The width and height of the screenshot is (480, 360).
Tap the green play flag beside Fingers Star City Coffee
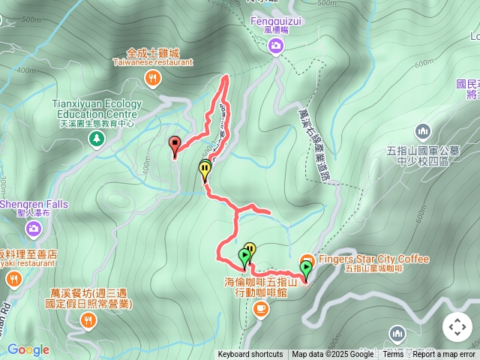point(305,268)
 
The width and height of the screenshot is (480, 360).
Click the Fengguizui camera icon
point(276,47)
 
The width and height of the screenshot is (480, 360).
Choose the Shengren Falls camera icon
point(33,228)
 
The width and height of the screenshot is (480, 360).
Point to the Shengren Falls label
point(33,204)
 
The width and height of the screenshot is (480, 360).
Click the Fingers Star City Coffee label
point(374,259)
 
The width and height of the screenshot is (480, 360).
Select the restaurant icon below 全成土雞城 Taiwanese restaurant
point(153,78)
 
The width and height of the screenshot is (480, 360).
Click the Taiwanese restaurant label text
point(153,63)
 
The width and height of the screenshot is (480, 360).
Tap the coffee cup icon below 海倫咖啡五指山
point(260,307)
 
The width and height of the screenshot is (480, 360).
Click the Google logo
point(28,349)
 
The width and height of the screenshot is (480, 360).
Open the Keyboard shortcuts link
point(250,355)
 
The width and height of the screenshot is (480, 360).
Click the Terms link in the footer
point(393,355)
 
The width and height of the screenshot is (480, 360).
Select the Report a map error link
point(444,355)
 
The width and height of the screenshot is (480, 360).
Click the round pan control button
point(457,327)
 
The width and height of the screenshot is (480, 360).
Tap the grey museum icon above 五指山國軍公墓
point(423,132)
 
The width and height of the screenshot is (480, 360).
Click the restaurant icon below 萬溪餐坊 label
point(88,321)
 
